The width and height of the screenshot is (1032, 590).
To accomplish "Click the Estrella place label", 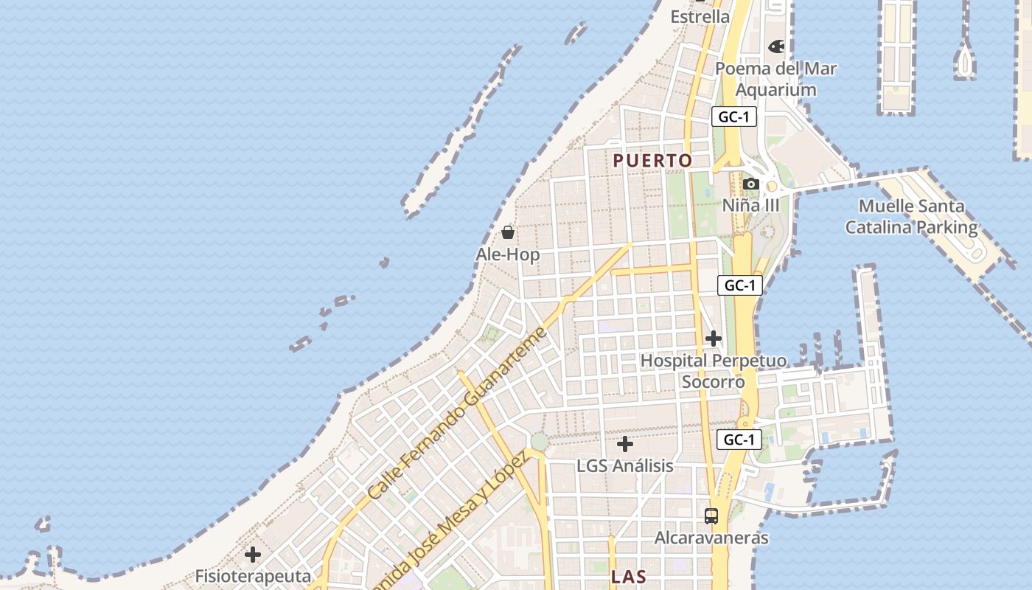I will (x=700, y=16).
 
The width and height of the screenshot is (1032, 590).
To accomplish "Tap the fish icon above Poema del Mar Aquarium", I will (x=776, y=46).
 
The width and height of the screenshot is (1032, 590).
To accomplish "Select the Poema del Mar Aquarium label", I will (x=776, y=79).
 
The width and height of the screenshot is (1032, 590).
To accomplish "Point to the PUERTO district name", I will (x=652, y=160).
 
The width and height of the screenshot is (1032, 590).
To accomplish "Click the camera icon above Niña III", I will (x=750, y=184).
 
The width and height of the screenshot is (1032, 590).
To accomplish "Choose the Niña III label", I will (x=750, y=204).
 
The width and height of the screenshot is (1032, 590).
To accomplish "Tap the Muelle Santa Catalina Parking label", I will (x=911, y=217).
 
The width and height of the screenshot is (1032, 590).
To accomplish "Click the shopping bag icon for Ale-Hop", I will (x=507, y=233).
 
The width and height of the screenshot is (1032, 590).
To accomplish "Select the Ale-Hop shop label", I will (x=507, y=254).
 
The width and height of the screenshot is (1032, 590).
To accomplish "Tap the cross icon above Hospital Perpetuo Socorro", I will (x=713, y=339).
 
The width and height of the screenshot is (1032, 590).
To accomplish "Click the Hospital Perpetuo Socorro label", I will (x=713, y=371).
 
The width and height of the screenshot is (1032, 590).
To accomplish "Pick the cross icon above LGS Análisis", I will (x=624, y=444).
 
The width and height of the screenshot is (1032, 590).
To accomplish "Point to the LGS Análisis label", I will (x=624, y=465).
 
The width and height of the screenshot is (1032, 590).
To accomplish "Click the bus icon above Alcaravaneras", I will (x=711, y=516).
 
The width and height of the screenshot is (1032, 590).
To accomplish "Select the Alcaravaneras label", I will (x=711, y=538).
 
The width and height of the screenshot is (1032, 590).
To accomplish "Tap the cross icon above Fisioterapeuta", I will (x=253, y=554).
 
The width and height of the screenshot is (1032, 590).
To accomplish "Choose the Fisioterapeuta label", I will (x=253, y=576).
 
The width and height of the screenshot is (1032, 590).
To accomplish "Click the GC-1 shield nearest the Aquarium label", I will (x=734, y=117).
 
